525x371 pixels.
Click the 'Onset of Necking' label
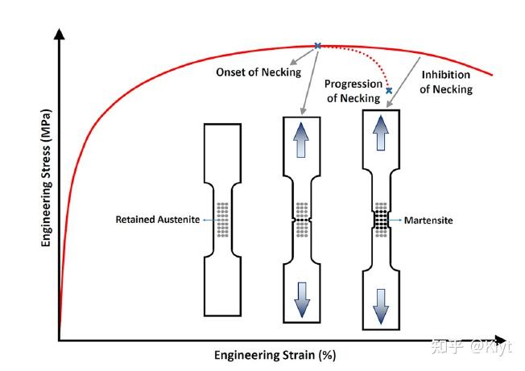pos(258,72)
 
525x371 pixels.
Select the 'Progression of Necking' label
pos(353,91)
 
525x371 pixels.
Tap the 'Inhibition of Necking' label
pos(446,82)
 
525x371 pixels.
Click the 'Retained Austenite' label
pos(157,220)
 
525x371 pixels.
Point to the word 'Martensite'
pos(428,221)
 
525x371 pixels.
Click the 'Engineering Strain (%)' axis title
pos(275,355)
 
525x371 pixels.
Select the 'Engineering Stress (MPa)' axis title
pos(46,178)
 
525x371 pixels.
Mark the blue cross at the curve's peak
pos(317,46)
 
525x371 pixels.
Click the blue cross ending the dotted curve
pos(389,90)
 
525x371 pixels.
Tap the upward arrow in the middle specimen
pos(301,140)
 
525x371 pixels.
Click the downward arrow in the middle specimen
pos(302,300)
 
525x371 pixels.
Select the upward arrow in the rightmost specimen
pos(381,133)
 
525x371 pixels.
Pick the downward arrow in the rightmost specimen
pos(381,307)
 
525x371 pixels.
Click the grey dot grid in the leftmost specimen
pos(223,220)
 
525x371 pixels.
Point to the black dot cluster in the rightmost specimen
pos(381,220)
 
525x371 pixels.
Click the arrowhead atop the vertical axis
pos(60,34)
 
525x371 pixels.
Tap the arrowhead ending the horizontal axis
pos(500,340)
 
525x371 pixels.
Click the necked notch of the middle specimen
pos(302,221)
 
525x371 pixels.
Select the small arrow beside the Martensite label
pos(395,220)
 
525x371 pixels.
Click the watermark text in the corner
pos(471,346)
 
